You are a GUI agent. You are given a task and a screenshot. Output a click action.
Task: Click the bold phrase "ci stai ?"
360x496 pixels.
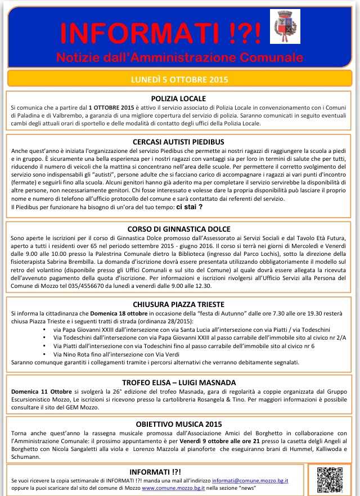(190, 207)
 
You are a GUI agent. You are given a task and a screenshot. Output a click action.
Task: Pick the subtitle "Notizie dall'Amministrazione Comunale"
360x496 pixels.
(179, 58)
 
